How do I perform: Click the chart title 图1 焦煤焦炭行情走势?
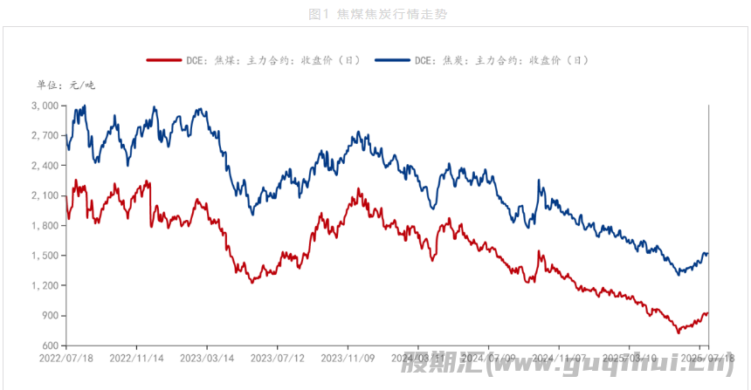[x=375, y=14]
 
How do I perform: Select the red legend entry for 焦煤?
[x=254, y=60]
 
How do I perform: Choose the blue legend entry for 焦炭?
[x=483, y=60]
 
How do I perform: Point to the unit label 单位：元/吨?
[x=66, y=85]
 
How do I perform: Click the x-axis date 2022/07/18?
[x=66, y=358]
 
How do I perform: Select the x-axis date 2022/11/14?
[x=137, y=358]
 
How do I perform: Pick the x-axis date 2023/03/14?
[x=207, y=358]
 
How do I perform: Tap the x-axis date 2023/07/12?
[x=278, y=358]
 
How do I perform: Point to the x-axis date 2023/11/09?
[x=348, y=358]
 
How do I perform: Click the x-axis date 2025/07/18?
[x=706, y=358]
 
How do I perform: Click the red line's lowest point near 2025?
[x=678, y=332]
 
